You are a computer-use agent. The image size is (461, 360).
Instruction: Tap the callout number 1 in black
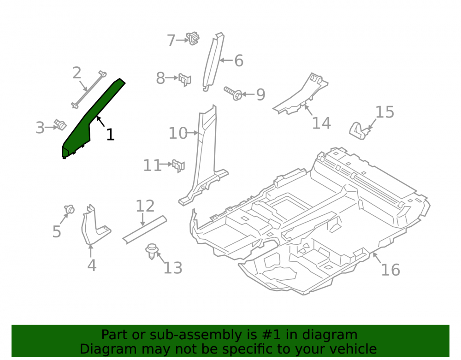point(110,135)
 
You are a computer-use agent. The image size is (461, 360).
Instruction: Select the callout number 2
point(77,72)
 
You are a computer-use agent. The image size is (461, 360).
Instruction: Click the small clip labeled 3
point(60,125)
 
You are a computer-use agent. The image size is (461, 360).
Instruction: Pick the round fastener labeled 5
point(70,209)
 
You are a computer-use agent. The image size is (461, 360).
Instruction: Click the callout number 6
point(239,60)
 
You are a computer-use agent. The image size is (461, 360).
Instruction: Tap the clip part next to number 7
point(193,38)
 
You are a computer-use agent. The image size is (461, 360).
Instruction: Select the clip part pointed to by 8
point(185,79)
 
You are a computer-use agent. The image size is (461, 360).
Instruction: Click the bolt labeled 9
point(233,93)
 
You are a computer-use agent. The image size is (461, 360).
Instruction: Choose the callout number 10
point(178,133)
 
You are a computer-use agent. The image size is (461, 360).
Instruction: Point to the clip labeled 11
point(178,166)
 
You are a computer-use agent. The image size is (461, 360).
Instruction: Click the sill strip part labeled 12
point(145,230)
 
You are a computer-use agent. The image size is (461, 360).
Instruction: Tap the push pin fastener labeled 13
point(152,252)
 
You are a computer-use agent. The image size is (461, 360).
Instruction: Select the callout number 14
point(321,123)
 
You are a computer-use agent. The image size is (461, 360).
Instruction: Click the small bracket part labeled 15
point(358,130)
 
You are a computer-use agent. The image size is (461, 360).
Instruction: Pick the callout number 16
point(390,270)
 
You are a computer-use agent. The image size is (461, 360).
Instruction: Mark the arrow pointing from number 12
point(142,220)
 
